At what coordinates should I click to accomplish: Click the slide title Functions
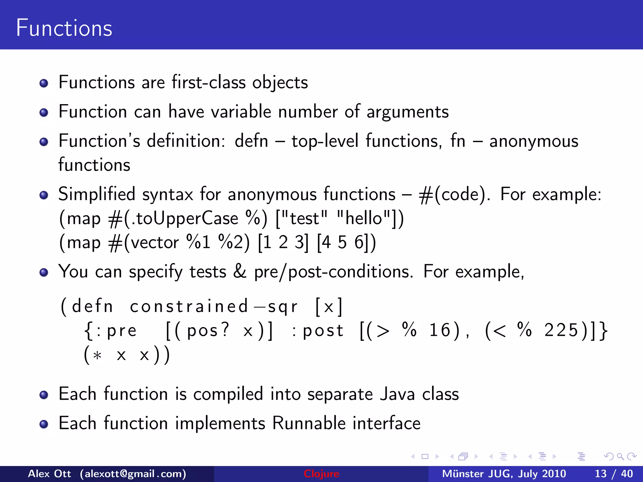[x=64, y=28]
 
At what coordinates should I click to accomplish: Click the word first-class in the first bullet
[x=208, y=83]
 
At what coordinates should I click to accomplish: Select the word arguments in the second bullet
[x=408, y=112]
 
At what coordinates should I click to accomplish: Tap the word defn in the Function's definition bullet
[x=251, y=141]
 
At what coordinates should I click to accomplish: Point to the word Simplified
[x=97, y=194]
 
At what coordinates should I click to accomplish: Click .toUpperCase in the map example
[x=185, y=218]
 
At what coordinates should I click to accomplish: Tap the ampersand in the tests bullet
[x=240, y=271]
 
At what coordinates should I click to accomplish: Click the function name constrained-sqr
[x=213, y=307]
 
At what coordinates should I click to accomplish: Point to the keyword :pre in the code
[x=117, y=331]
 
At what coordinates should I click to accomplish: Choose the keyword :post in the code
[x=318, y=331]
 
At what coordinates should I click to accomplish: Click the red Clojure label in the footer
[x=321, y=474]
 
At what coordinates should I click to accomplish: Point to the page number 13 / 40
[x=613, y=474]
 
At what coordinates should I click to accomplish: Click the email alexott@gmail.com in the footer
[x=133, y=474]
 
